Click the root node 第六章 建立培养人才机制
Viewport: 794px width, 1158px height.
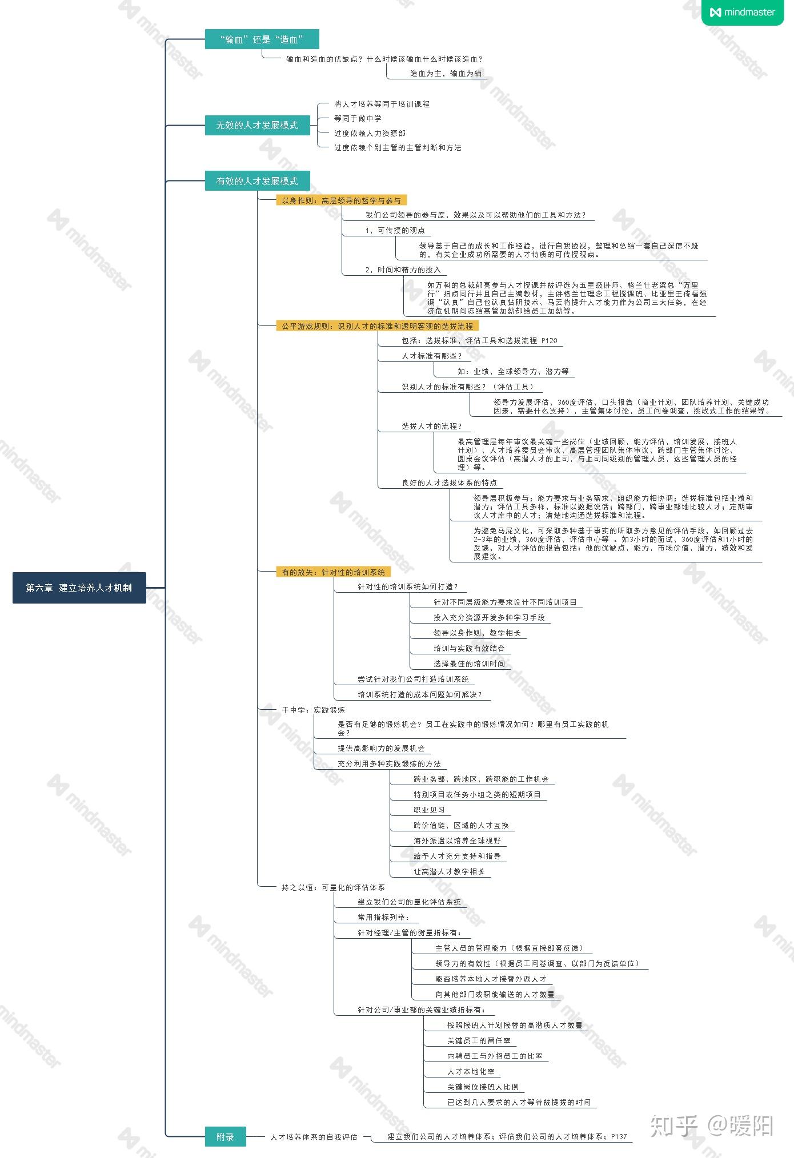point(79,588)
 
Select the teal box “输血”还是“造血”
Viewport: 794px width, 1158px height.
point(262,39)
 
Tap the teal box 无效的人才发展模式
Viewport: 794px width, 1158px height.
point(257,125)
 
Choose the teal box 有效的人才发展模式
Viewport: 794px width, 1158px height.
point(257,181)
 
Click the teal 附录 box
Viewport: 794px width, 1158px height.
point(225,1137)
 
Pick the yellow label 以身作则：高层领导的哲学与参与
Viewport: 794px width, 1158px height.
point(342,200)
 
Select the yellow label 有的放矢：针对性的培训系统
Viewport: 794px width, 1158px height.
point(334,572)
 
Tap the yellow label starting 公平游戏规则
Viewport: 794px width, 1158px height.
point(378,326)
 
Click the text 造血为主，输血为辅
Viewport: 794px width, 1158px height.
point(446,73)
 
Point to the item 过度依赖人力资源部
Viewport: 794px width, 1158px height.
point(370,133)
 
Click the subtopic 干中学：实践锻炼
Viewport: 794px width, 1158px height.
point(313,710)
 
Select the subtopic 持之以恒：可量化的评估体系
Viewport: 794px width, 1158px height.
point(333,888)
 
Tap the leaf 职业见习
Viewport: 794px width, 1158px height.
point(430,810)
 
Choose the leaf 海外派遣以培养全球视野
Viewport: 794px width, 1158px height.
point(458,841)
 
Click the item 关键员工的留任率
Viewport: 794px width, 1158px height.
point(479,1040)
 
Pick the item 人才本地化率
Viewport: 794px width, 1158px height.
point(471,1071)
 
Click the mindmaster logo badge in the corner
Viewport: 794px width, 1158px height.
point(743,13)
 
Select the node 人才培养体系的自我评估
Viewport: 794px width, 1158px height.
point(314,1137)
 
